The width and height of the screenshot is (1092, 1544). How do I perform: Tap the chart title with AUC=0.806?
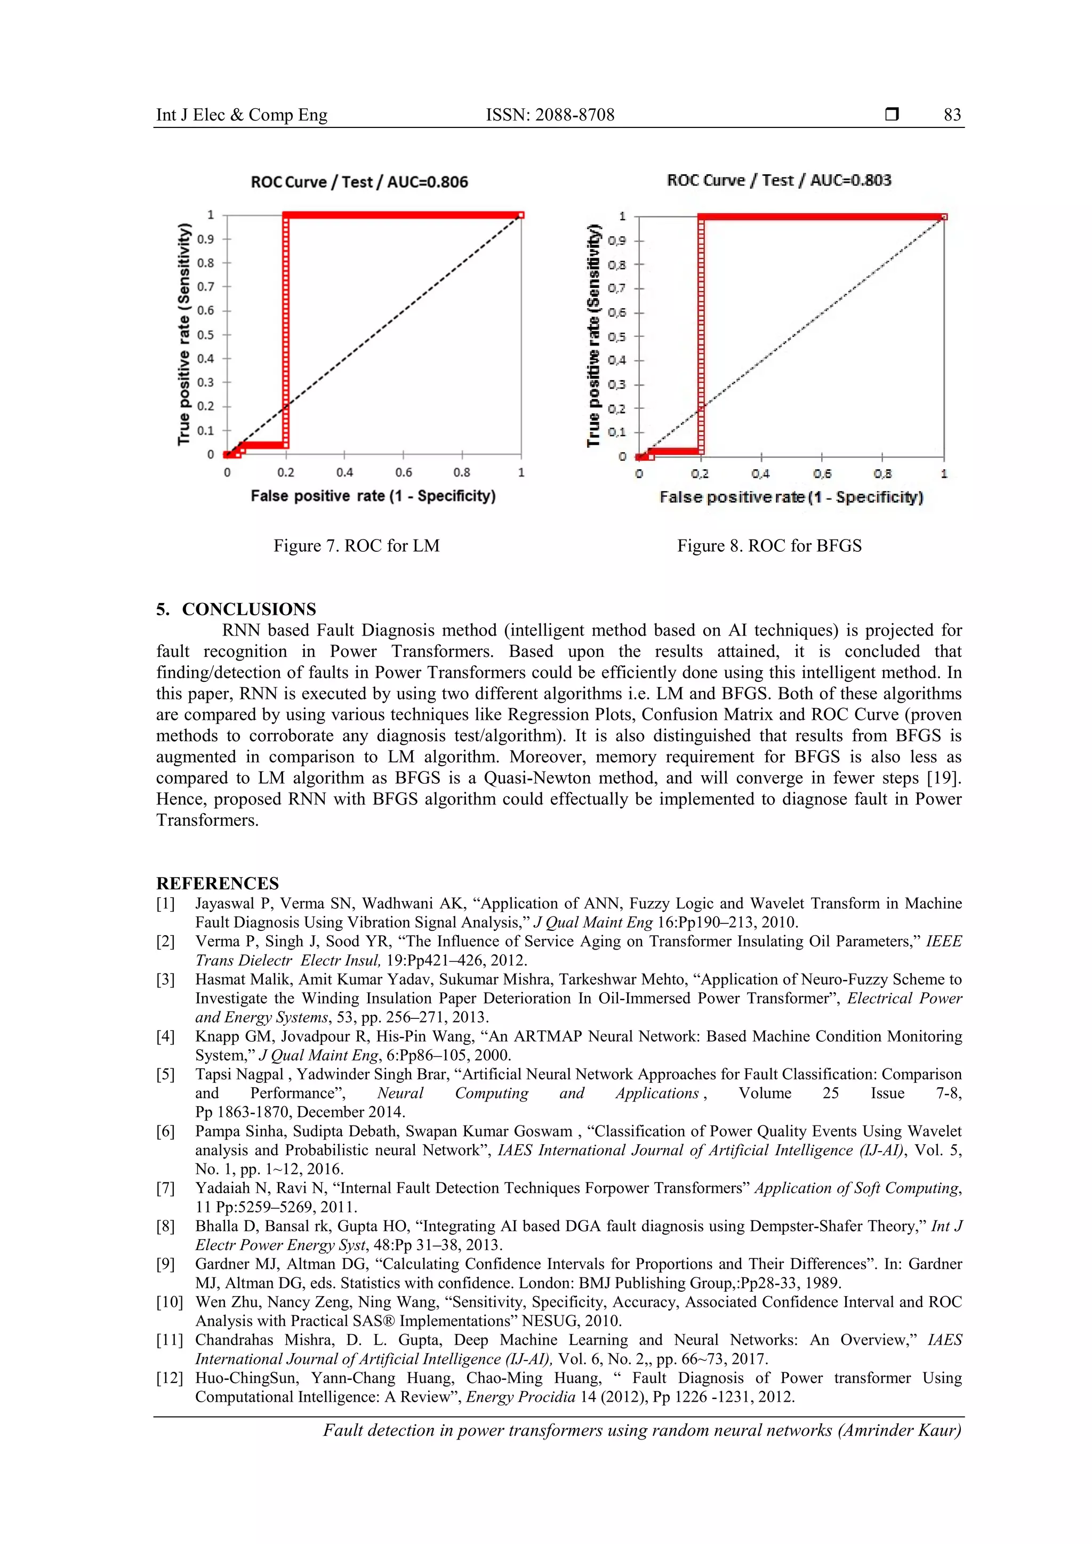(x=359, y=182)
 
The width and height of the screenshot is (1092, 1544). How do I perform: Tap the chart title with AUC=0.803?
(x=778, y=180)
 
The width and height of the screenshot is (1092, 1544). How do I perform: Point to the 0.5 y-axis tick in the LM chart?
(x=205, y=335)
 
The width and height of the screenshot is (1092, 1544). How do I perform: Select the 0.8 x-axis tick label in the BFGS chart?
(x=882, y=474)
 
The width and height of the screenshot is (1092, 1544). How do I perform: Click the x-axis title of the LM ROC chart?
(x=373, y=496)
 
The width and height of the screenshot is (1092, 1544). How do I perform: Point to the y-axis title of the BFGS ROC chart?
(x=592, y=335)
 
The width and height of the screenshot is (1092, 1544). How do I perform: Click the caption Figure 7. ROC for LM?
(x=356, y=545)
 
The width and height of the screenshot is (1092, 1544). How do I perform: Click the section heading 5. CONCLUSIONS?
(x=236, y=609)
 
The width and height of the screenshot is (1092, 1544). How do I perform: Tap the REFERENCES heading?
(x=217, y=883)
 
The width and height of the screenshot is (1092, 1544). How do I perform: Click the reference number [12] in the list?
(x=170, y=1378)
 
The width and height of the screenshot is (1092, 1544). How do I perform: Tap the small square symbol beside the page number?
(x=892, y=114)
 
